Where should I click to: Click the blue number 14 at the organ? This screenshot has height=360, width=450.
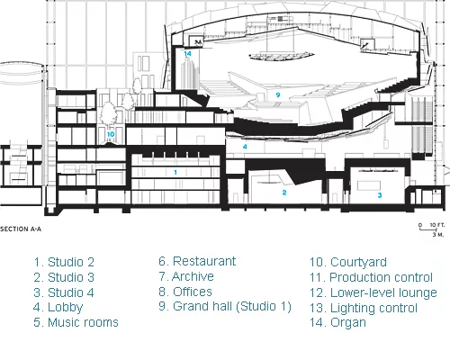point(187,54)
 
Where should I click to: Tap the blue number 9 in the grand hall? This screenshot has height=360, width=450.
point(278,94)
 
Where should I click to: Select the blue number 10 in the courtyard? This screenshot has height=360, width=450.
point(111,134)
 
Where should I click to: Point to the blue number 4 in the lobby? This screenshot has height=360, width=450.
point(245,147)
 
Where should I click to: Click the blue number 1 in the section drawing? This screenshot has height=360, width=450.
point(175,173)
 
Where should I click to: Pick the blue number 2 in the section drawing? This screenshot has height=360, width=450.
point(284,193)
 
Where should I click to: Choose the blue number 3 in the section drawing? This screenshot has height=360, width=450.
point(380,195)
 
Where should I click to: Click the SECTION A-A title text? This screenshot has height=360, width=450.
point(21,229)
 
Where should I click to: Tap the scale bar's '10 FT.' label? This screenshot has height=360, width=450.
point(437,225)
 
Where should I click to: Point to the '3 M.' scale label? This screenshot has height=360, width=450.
point(438,234)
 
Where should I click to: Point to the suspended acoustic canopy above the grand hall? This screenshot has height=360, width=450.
point(282,56)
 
